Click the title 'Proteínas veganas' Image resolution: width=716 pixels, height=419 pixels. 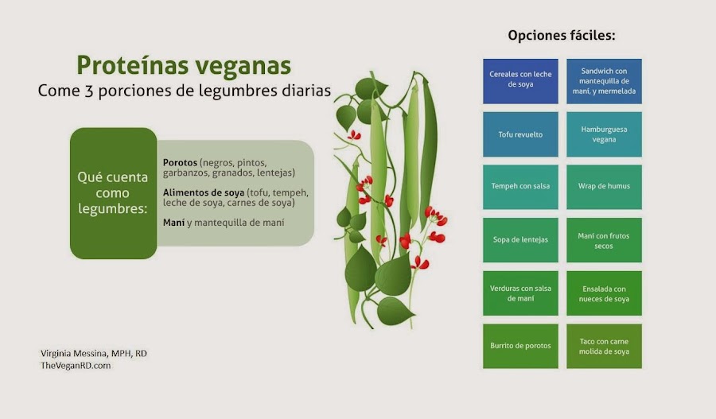coord(183,64)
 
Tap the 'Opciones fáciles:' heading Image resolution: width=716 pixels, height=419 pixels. coord(562,36)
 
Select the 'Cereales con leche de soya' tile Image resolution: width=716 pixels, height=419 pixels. coord(520,80)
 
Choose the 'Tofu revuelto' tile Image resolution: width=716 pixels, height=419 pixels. coord(520,134)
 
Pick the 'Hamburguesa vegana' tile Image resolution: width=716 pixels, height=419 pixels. coord(604,134)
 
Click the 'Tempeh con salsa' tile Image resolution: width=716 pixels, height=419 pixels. coord(520,187)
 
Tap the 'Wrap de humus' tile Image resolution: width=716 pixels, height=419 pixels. coord(604,187)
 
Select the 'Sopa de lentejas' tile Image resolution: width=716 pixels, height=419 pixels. coord(520,239)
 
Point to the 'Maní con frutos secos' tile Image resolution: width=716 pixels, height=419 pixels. coord(604,239)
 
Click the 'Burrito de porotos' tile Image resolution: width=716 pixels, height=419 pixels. coord(520,346)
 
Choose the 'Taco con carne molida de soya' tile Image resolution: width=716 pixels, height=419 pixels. coord(604,346)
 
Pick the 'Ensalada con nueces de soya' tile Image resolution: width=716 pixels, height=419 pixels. coord(604,293)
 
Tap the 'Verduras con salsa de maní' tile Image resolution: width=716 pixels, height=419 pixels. coord(520,293)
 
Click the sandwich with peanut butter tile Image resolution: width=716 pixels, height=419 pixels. coord(604,80)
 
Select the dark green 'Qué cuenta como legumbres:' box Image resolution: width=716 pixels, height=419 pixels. coord(113,193)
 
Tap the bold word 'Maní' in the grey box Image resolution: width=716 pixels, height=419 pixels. coord(173,223)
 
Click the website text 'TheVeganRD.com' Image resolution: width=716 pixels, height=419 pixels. coord(76,365)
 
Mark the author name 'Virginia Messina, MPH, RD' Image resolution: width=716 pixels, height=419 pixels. coord(93,352)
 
